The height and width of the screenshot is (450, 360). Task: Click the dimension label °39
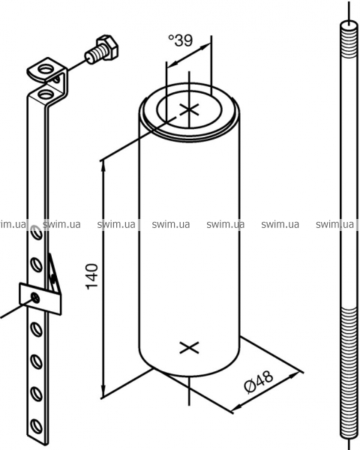point(181,40)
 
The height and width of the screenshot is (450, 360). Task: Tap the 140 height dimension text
point(91,276)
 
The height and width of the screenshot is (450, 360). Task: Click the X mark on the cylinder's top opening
point(189,109)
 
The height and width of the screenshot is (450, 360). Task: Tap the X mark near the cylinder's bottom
point(189,348)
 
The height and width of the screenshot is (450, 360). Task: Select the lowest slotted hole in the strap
point(37,426)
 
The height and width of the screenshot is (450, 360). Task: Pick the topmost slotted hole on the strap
point(37,232)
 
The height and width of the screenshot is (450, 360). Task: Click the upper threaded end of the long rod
point(348,40)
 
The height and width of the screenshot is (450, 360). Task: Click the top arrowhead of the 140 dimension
point(103,167)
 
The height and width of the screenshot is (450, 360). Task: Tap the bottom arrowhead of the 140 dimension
point(103,391)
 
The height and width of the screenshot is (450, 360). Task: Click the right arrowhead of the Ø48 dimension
point(293,374)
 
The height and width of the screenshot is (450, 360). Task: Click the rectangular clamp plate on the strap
point(40,298)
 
